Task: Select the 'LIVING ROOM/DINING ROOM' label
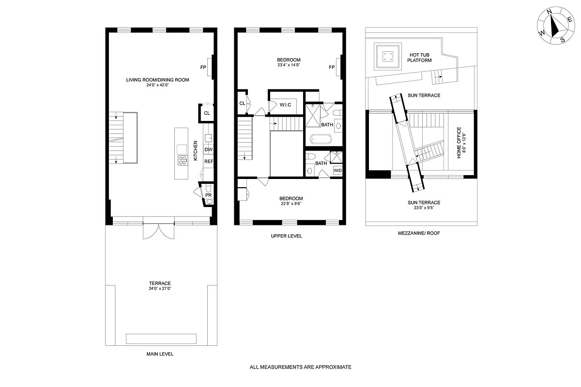(x=157, y=80)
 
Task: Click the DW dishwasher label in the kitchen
(x=209, y=150)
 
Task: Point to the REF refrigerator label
(x=209, y=161)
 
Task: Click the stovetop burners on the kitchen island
(x=183, y=161)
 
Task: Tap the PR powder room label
(x=209, y=195)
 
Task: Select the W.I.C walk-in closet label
(x=284, y=104)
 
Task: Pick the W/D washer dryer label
(x=337, y=170)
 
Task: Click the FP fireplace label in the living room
(x=203, y=67)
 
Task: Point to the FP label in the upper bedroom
(x=332, y=67)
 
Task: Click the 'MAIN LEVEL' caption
(x=160, y=354)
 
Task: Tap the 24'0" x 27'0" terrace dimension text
(x=160, y=288)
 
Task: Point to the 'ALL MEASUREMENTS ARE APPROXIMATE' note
(x=300, y=367)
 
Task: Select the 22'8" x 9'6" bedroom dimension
(x=290, y=204)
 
